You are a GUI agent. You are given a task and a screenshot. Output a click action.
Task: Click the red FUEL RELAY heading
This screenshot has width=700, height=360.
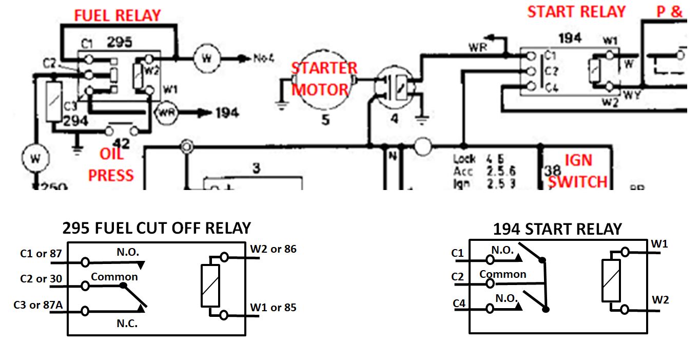[x=118, y=15]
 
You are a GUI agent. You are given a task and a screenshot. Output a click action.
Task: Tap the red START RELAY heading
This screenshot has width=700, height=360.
[x=576, y=12]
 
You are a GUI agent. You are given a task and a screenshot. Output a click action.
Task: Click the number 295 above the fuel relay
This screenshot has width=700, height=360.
[x=119, y=42]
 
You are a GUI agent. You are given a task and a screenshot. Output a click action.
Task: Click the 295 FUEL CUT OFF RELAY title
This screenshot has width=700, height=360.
[x=157, y=228]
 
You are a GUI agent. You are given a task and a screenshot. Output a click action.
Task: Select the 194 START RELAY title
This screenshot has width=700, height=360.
[x=557, y=229]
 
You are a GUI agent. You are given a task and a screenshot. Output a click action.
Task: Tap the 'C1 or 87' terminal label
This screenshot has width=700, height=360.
[x=41, y=253]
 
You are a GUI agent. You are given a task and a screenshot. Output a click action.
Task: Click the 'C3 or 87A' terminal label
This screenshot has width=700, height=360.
[x=38, y=305]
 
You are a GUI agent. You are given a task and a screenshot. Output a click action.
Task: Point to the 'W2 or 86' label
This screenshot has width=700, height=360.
[x=274, y=249]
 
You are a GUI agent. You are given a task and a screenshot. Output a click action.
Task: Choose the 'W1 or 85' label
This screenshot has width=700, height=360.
[x=274, y=308]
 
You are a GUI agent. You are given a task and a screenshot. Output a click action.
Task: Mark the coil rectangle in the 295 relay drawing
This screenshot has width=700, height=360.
[x=210, y=286]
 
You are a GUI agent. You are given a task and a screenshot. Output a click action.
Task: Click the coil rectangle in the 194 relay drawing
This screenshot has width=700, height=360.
[x=611, y=280]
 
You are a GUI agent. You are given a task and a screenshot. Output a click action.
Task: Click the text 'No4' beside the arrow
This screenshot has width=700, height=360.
[x=264, y=58]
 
